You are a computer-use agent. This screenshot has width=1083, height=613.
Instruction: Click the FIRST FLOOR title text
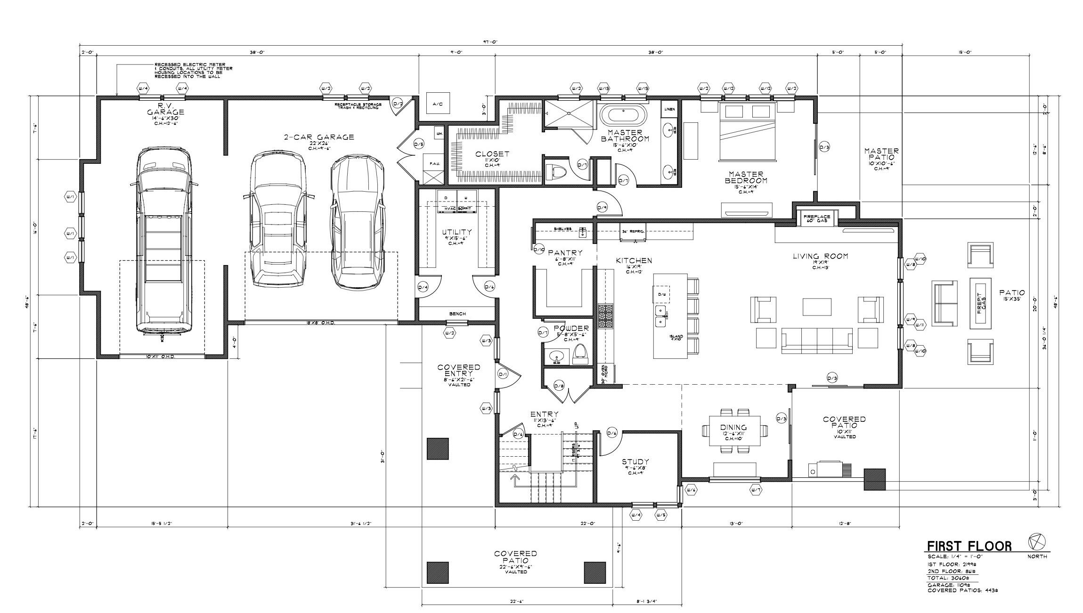[969, 546]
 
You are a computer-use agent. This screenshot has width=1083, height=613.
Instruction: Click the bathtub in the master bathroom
[623, 115]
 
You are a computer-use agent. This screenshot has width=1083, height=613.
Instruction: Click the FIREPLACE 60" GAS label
[817, 218]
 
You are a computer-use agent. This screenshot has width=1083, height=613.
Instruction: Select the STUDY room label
[635, 462]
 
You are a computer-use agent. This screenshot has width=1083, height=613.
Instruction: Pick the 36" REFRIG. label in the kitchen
[633, 231]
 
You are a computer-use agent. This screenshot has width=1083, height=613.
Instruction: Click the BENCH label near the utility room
[457, 314]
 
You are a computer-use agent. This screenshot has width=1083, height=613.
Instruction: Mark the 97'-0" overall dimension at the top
[489, 42]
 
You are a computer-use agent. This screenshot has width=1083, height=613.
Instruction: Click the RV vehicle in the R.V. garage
[163, 240]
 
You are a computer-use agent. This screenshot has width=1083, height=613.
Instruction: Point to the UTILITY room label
[456, 232]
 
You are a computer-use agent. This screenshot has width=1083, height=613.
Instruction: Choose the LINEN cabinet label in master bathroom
[669, 109]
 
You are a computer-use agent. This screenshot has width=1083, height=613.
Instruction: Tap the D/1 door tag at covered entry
[503, 375]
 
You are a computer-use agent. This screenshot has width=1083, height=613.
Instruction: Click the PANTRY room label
[565, 253]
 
